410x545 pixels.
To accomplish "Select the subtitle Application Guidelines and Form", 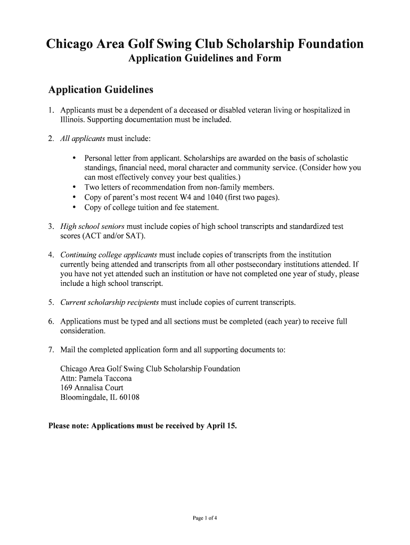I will coord(204,59).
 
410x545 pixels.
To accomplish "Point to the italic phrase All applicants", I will coord(83,139).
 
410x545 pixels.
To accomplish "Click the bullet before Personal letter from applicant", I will coord(73,158).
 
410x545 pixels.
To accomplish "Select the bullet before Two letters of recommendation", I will coord(73,187).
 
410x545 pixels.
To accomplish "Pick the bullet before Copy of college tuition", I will coord(73,208).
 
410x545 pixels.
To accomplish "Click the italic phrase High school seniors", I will coord(93,227).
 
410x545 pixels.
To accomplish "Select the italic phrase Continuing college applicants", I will coord(109,255).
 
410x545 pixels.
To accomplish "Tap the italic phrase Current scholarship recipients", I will coord(110,303).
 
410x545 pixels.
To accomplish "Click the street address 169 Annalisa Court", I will coord(92,388).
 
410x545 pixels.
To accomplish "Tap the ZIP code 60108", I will coord(129,398).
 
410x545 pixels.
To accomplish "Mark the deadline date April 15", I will coord(220,426).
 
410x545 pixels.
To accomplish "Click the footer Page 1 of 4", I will coord(204,518).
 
